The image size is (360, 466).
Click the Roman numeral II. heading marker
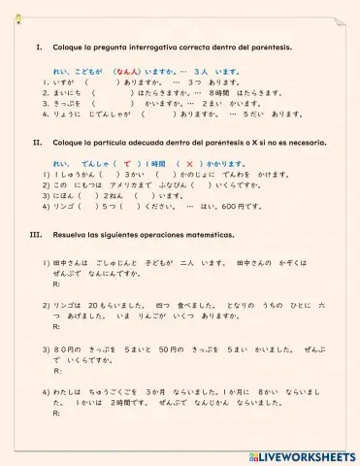coord(38,142)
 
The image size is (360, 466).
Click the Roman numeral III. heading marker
coord(37,236)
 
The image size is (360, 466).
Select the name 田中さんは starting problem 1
coord(73,262)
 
